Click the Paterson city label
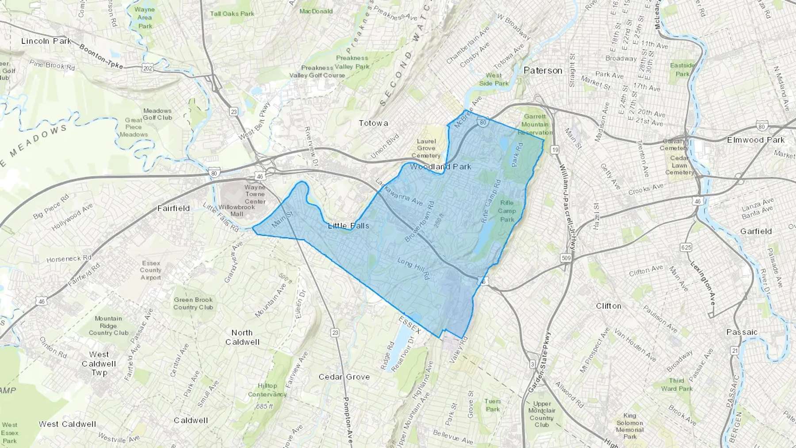[x=543, y=70]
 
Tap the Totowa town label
[x=373, y=123]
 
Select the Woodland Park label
[x=440, y=167]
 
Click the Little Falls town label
[x=348, y=226]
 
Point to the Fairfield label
[x=174, y=208]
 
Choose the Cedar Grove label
[x=344, y=377]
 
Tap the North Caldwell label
[x=242, y=337]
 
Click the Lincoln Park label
[x=46, y=41]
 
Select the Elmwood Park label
[x=756, y=140]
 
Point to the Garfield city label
[x=756, y=231]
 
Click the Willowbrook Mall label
[x=237, y=210]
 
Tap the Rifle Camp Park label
[x=507, y=211]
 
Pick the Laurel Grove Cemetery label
[x=426, y=148]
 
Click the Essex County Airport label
[x=150, y=270]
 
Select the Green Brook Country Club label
[x=193, y=303]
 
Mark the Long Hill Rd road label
[x=413, y=268]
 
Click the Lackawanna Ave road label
[x=398, y=193]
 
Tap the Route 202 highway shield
[x=147, y=69]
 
